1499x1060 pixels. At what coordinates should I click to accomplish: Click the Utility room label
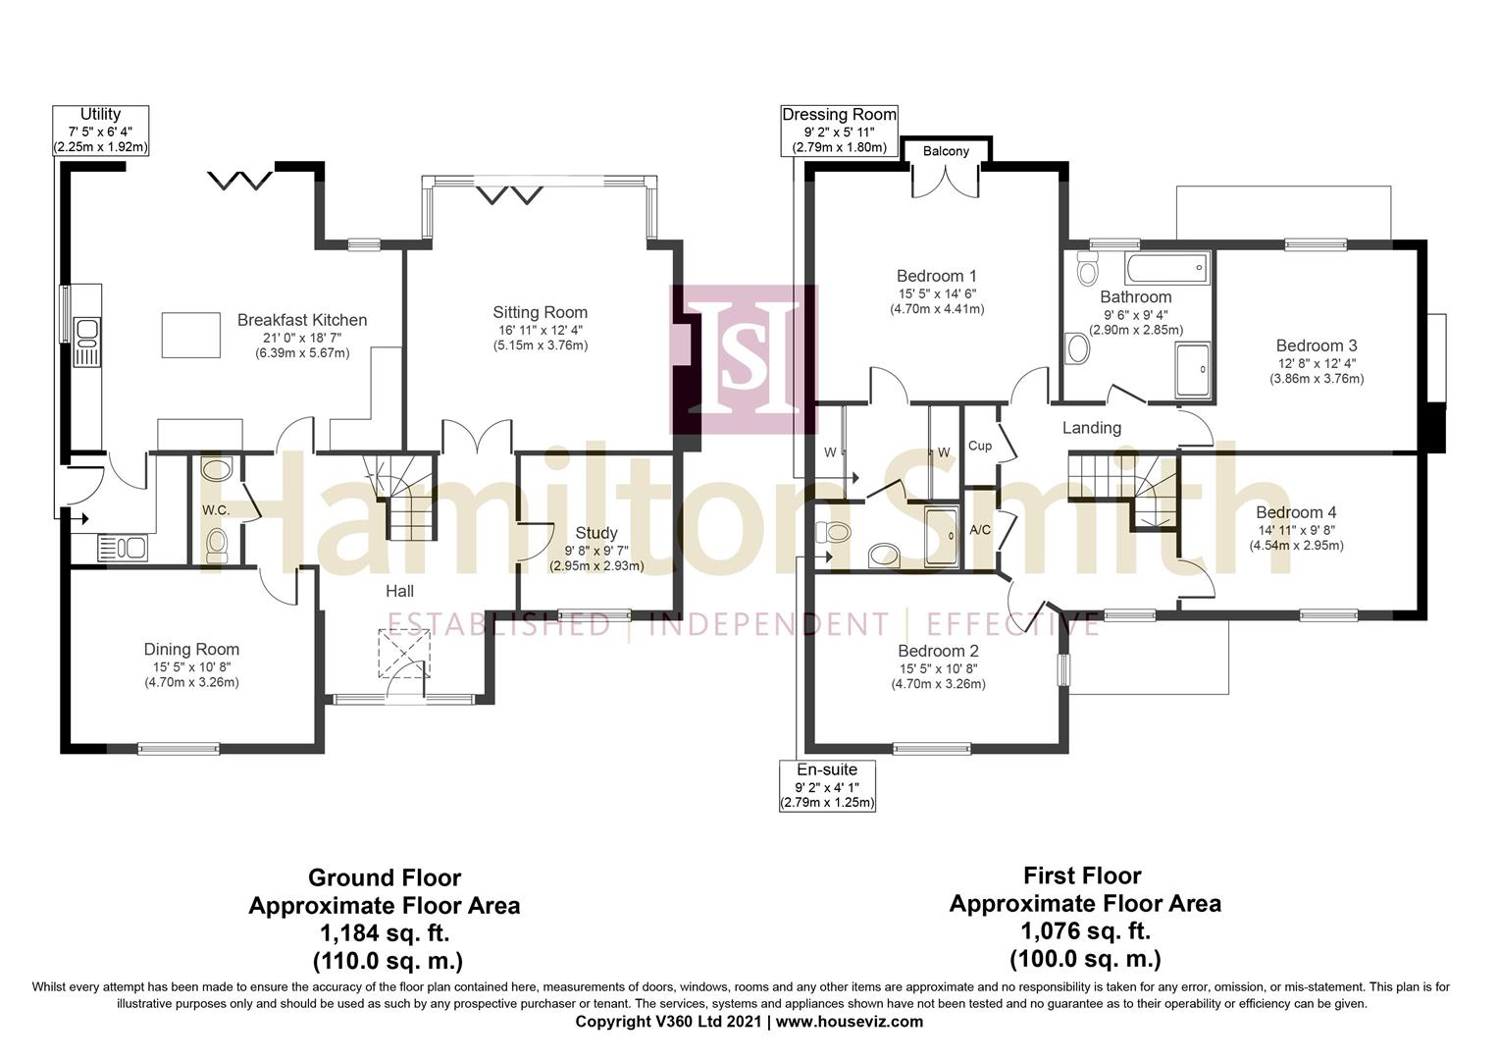100,115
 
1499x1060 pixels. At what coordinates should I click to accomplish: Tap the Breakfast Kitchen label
302,320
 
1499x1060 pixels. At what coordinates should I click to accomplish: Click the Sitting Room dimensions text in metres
541,345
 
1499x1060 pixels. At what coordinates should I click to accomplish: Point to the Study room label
596,533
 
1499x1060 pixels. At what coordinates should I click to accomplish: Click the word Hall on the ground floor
399,591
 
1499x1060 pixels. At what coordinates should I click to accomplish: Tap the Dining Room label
191,649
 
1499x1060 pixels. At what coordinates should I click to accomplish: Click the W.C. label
216,510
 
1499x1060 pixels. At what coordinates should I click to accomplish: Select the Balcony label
946,151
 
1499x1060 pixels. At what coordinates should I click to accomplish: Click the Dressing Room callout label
839,115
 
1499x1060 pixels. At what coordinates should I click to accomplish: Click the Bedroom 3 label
1317,345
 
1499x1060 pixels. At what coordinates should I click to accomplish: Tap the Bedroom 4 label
1296,512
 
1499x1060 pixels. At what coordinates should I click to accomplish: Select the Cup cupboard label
979,446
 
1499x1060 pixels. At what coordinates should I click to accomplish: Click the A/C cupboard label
979,530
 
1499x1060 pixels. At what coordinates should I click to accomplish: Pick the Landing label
1091,428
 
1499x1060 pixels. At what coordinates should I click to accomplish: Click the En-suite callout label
827,770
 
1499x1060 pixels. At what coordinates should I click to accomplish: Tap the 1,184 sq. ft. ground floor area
384,932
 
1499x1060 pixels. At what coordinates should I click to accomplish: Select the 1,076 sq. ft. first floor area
1085,930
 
